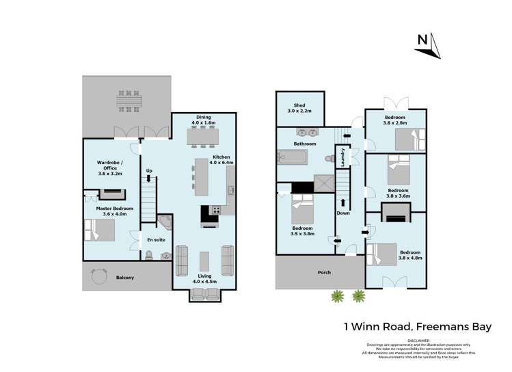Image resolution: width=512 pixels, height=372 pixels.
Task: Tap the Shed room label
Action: click(x=299, y=107)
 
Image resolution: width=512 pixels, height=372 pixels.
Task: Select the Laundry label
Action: click(x=342, y=159)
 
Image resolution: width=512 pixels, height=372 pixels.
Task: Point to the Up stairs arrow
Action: click(x=149, y=179)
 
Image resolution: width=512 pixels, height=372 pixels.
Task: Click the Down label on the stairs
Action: click(x=342, y=213)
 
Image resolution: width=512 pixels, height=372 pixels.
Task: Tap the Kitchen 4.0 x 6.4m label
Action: click(x=221, y=160)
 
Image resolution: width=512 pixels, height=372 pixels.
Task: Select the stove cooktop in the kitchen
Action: click(x=217, y=210)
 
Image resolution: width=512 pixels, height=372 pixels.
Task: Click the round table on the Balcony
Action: click(x=100, y=276)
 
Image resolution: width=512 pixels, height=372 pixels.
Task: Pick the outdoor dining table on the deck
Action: click(x=128, y=101)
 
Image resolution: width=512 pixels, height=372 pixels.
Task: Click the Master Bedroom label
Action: click(x=114, y=211)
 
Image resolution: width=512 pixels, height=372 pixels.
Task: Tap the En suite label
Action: click(x=157, y=240)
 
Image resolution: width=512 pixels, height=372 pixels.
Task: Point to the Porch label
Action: click(x=324, y=272)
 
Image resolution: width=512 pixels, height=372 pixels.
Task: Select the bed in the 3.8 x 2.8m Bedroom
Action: click(x=410, y=140)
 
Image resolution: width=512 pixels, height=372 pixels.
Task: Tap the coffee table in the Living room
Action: click(x=204, y=261)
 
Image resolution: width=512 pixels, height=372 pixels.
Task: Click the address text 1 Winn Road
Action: click(x=385, y=327)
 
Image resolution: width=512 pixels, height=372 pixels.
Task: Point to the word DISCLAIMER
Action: click(x=418, y=340)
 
